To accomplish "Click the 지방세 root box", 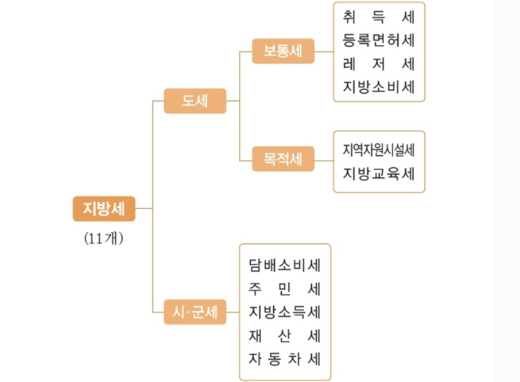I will pyautogui.click(x=104, y=208).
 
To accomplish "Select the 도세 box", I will pyautogui.click(x=195, y=101).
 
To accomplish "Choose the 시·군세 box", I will pyautogui.click(x=195, y=312).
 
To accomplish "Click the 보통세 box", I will pyautogui.click(x=283, y=51).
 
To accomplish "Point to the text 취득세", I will pyautogui.click(x=378, y=17).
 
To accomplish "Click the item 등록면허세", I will pyautogui.click(x=378, y=40).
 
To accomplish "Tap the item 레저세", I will pyautogui.click(x=378, y=63).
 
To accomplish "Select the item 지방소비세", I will pyautogui.click(x=378, y=87).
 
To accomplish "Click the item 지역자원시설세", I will pyautogui.click(x=378, y=150).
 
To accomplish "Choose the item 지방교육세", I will pyautogui.click(x=378, y=173).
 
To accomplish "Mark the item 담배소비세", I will pyautogui.click(x=285, y=264).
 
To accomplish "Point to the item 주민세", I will pyautogui.click(x=285, y=288).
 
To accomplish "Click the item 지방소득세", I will pyautogui.click(x=285, y=311).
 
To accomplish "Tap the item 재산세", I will pyautogui.click(x=285, y=335).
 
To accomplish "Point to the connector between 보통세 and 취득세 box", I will pyautogui.click(x=324, y=51).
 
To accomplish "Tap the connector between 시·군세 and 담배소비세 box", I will pyautogui.click(x=233, y=312).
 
